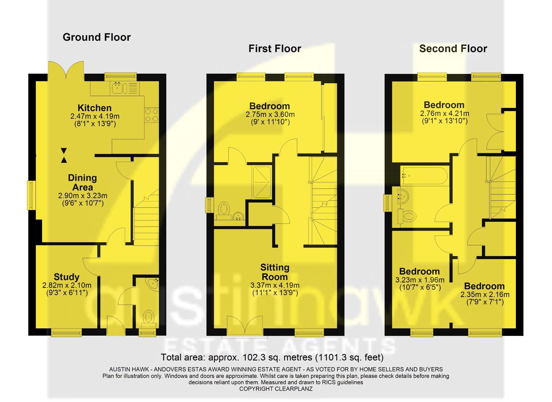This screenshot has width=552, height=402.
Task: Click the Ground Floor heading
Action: coord(96,37)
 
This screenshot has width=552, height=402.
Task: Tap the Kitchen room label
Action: coord(94,108)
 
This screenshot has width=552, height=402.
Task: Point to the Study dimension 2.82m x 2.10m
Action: coord(67,285)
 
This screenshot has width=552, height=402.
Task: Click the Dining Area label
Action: coord(82,182)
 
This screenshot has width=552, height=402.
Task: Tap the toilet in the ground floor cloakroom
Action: coord(148,318)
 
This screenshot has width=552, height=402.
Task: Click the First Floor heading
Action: coord(274,49)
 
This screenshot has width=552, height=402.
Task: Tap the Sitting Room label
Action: coord(275,272)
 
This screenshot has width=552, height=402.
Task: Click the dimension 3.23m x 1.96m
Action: coord(420,280)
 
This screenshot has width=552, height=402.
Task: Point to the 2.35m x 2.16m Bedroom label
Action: coord(484,286)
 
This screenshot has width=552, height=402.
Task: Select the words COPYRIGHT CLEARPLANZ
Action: coord(276,389)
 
